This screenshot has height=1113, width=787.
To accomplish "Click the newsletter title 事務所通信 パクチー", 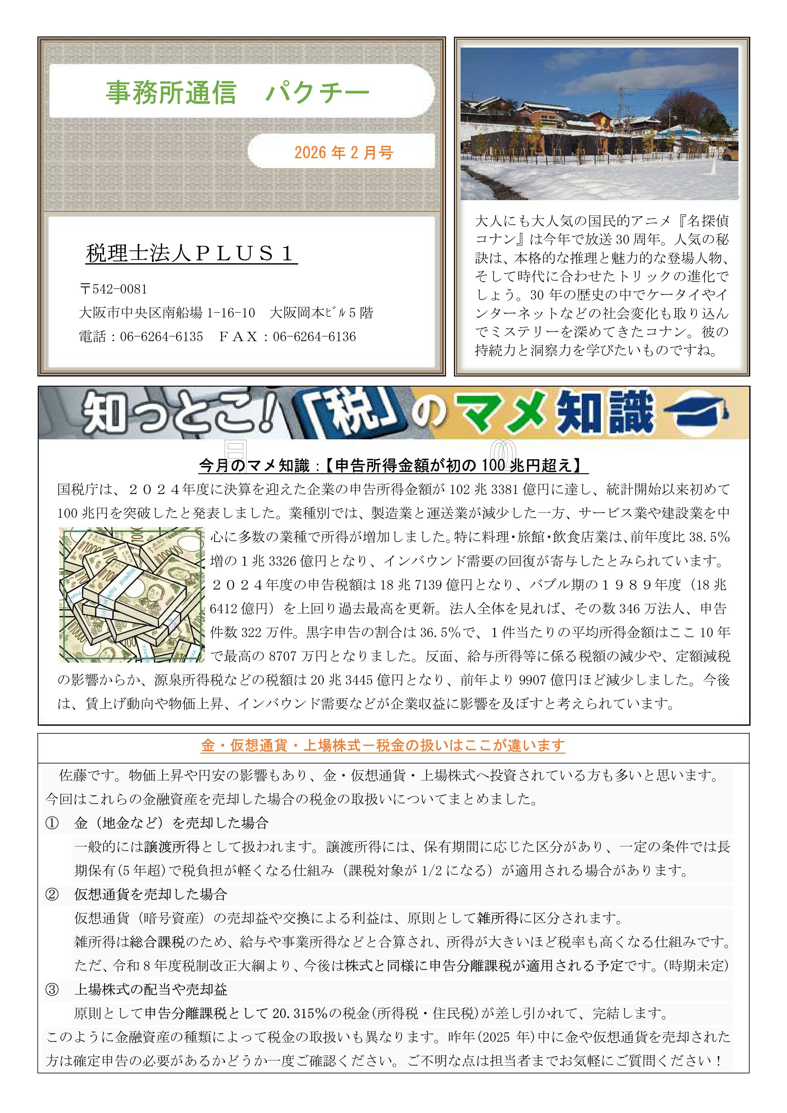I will [x=238, y=92].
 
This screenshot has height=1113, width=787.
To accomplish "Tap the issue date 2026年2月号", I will [x=343, y=153].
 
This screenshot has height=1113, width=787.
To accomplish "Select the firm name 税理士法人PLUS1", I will [x=191, y=253].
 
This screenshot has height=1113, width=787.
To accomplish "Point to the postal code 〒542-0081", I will [x=114, y=289].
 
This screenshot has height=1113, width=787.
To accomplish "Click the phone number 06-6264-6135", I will [x=161, y=337].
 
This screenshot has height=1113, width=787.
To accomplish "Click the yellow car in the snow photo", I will [x=731, y=152].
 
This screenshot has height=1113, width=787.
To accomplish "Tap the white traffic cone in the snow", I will [x=714, y=167].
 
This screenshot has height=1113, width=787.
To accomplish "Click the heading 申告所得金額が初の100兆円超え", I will [x=456, y=466].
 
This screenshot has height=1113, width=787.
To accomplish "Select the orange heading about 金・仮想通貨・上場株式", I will [x=383, y=746].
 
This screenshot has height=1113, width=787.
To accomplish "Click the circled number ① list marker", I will [x=52, y=823].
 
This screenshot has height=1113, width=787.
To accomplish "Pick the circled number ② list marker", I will [x=52, y=894].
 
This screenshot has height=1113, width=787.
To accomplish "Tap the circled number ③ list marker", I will [x=52, y=989].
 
